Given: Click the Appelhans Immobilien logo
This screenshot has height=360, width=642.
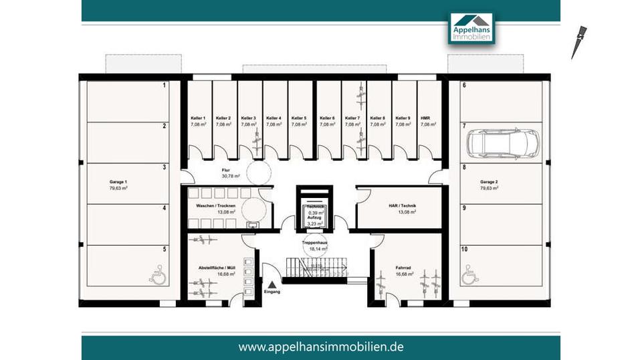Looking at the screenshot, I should tap(471, 27).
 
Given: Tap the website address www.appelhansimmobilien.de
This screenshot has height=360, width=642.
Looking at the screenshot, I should tap(321, 347).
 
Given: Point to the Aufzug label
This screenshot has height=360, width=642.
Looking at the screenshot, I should tap(314, 217).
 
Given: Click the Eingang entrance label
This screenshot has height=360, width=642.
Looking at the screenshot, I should tap(272, 292).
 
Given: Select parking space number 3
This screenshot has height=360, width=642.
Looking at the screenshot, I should tap(164, 167).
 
